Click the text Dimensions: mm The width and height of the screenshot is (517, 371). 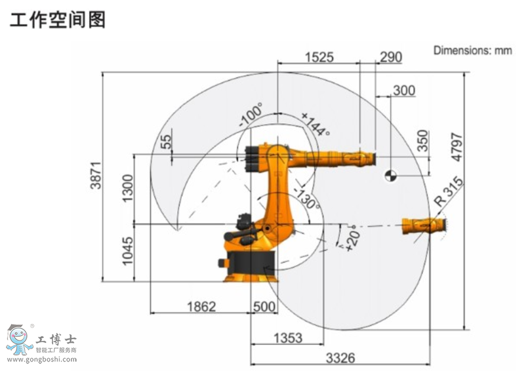(x=472, y=50)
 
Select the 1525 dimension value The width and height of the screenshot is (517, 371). (x=319, y=57)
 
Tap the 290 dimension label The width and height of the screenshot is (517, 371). (x=391, y=57)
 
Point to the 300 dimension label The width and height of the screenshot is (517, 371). (x=404, y=90)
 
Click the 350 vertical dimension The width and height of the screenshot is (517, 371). (x=423, y=141)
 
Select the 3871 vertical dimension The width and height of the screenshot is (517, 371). (x=95, y=176)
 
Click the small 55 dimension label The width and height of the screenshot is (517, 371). (x=166, y=141)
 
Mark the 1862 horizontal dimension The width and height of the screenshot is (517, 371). (x=201, y=307)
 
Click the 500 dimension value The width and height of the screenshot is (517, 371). (x=264, y=307)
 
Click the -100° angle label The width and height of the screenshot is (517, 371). (x=251, y=116)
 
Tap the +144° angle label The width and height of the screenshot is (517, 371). (x=315, y=124)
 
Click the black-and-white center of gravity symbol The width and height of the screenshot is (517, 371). (x=390, y=175)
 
